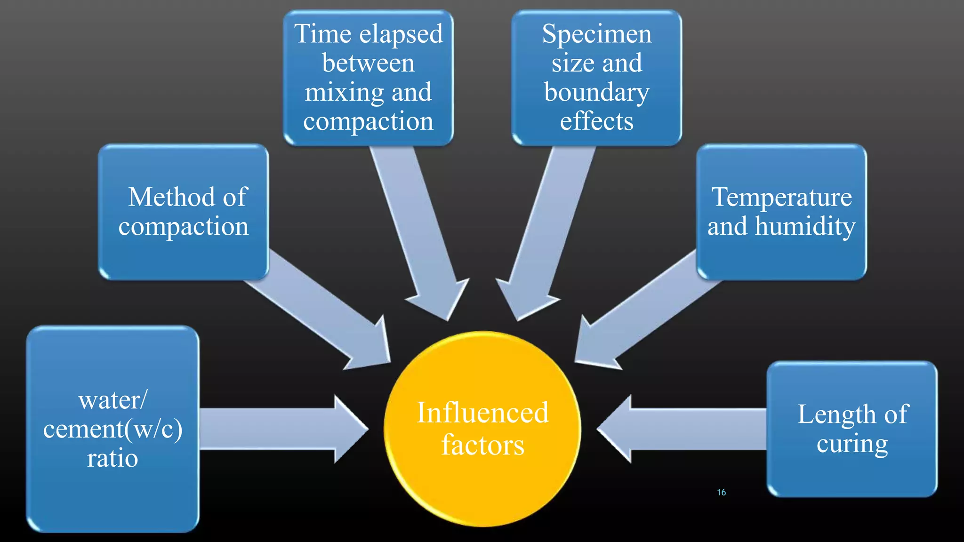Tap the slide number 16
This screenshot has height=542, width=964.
[721, 492]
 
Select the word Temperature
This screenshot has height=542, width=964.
[781, 197]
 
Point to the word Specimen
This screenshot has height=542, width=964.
[596, 34]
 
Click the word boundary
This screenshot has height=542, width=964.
[596, 93]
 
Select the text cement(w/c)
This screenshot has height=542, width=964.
[112, 429]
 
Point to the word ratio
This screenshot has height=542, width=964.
[112, 458]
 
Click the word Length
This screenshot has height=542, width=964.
[836, 414]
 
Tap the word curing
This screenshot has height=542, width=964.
[852, 444]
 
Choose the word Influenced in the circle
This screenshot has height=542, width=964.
[482, 413]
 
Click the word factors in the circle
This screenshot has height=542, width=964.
[482, 445]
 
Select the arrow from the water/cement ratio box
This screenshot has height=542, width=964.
[282, 429]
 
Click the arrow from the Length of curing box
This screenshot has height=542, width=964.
[683, 429]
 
